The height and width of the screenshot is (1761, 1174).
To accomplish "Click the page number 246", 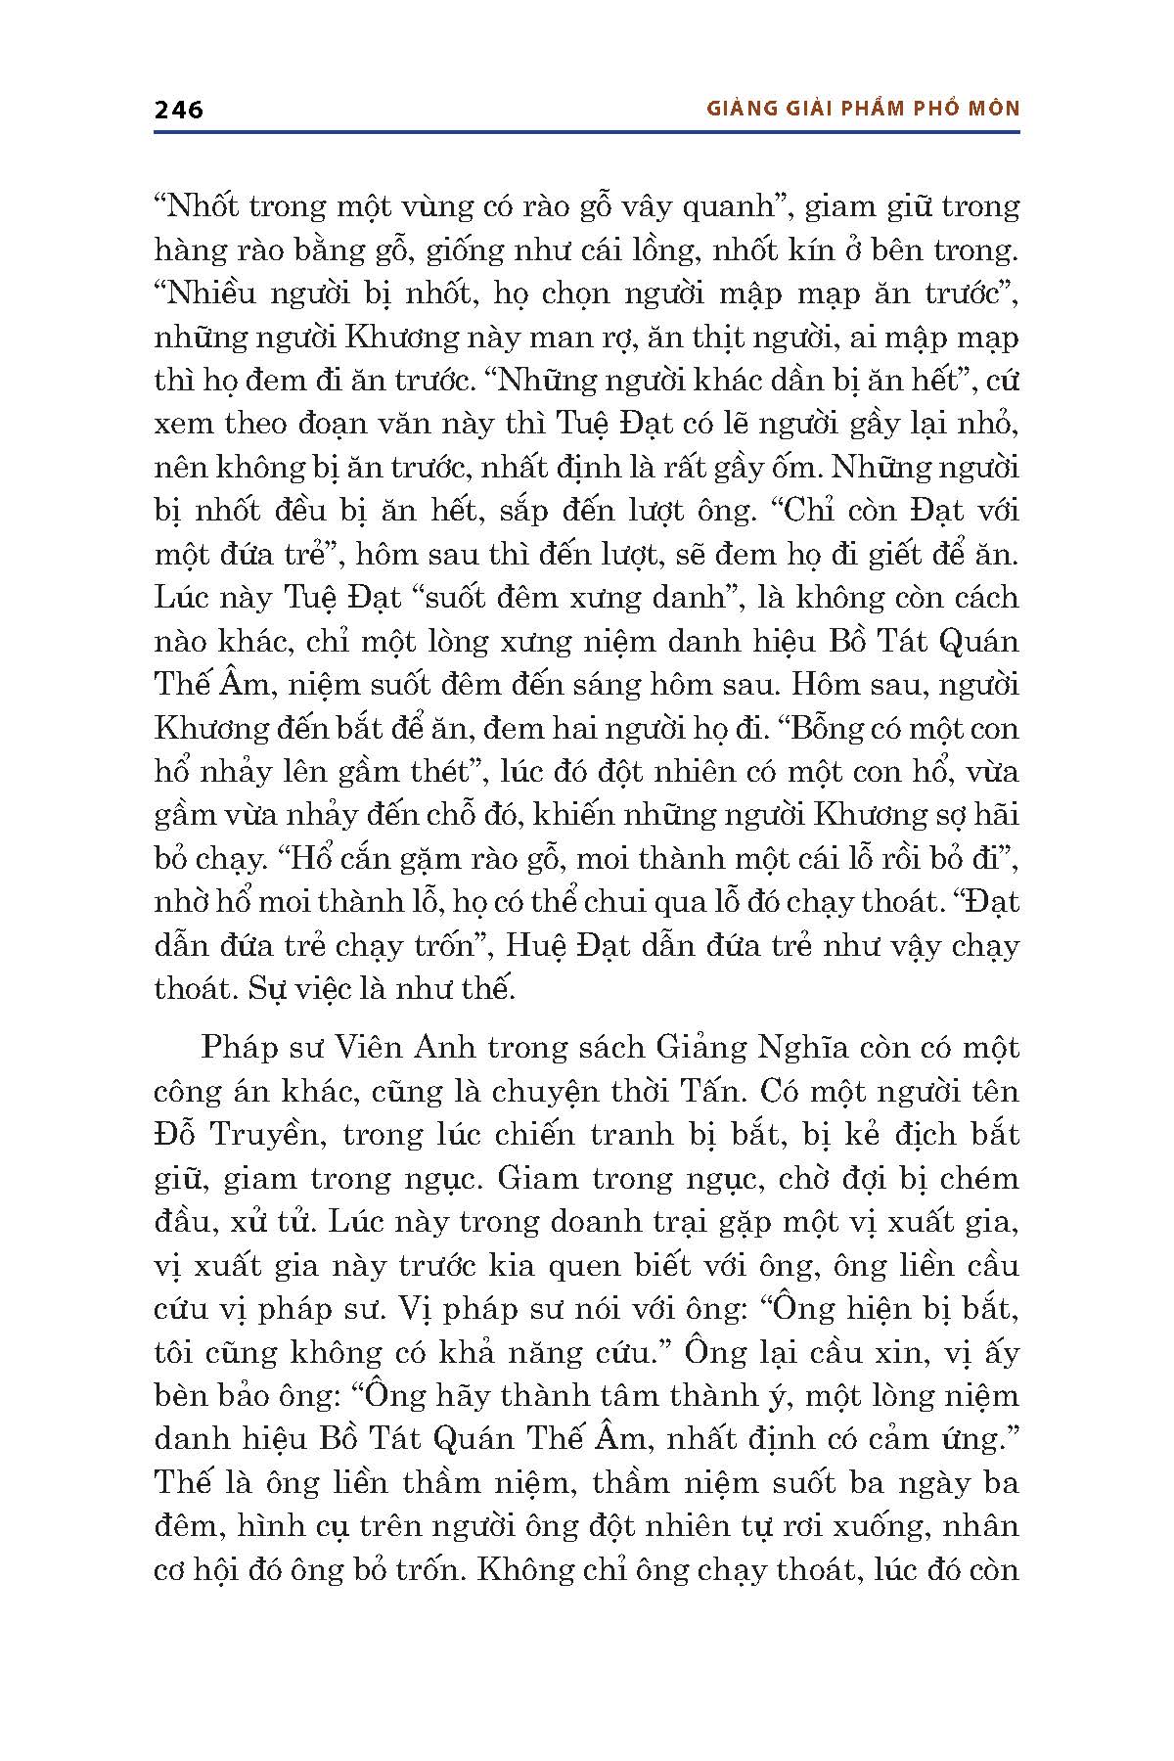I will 179,110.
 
